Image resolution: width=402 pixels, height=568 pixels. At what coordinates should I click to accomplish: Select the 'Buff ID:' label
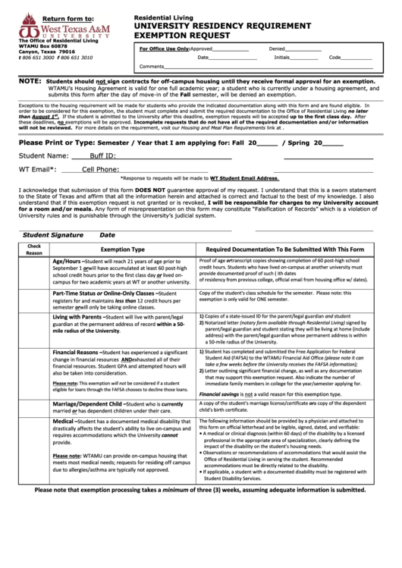[102, 157]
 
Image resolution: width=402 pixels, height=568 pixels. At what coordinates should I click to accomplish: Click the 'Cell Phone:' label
[99, 170]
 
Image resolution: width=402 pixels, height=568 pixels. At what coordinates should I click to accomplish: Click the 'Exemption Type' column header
[123, 249]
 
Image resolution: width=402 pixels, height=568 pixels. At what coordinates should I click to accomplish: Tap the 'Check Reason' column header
[34, 249]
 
